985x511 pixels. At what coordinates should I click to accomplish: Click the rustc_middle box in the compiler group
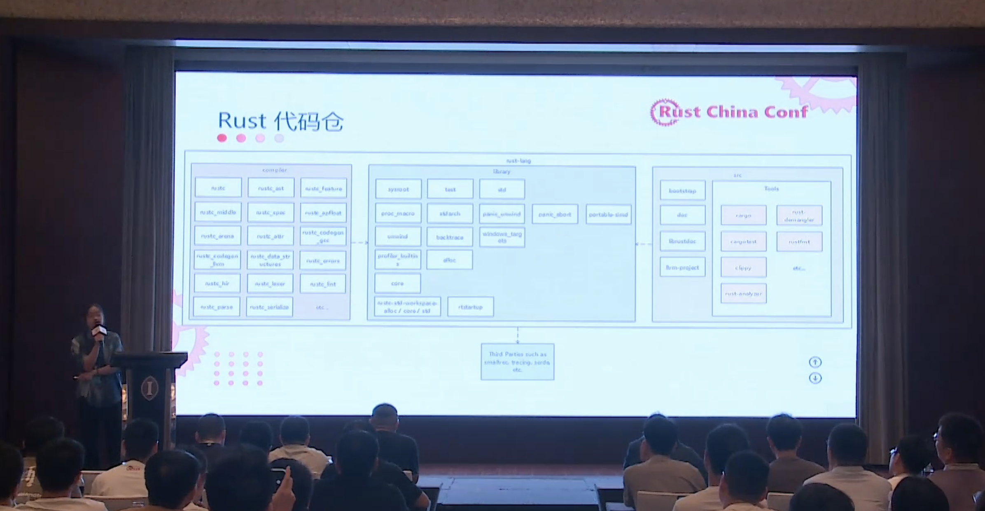218,212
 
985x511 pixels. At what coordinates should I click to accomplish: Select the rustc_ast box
271,188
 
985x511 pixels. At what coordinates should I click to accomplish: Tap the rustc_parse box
217,307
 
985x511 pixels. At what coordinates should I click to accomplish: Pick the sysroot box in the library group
398,189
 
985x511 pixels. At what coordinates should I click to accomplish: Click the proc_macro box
398,213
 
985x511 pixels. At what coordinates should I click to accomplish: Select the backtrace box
450,237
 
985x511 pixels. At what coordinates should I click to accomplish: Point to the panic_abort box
555,214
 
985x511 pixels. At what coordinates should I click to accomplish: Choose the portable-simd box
608,214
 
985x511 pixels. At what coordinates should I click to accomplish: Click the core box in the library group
397,284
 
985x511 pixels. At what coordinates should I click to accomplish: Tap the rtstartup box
470,307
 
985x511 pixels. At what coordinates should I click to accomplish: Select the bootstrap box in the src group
682,191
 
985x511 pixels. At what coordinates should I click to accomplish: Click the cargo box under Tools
743,215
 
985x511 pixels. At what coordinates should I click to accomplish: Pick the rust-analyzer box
743,294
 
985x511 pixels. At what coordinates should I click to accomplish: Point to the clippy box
743,268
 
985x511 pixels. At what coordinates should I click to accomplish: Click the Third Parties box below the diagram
517,362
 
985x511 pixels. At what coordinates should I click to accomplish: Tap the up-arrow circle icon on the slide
815,362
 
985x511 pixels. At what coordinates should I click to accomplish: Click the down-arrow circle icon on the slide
815,378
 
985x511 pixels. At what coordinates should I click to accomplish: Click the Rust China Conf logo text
733,112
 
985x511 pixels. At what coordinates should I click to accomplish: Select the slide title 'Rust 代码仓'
280,121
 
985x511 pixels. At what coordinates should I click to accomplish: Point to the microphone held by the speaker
100,330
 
